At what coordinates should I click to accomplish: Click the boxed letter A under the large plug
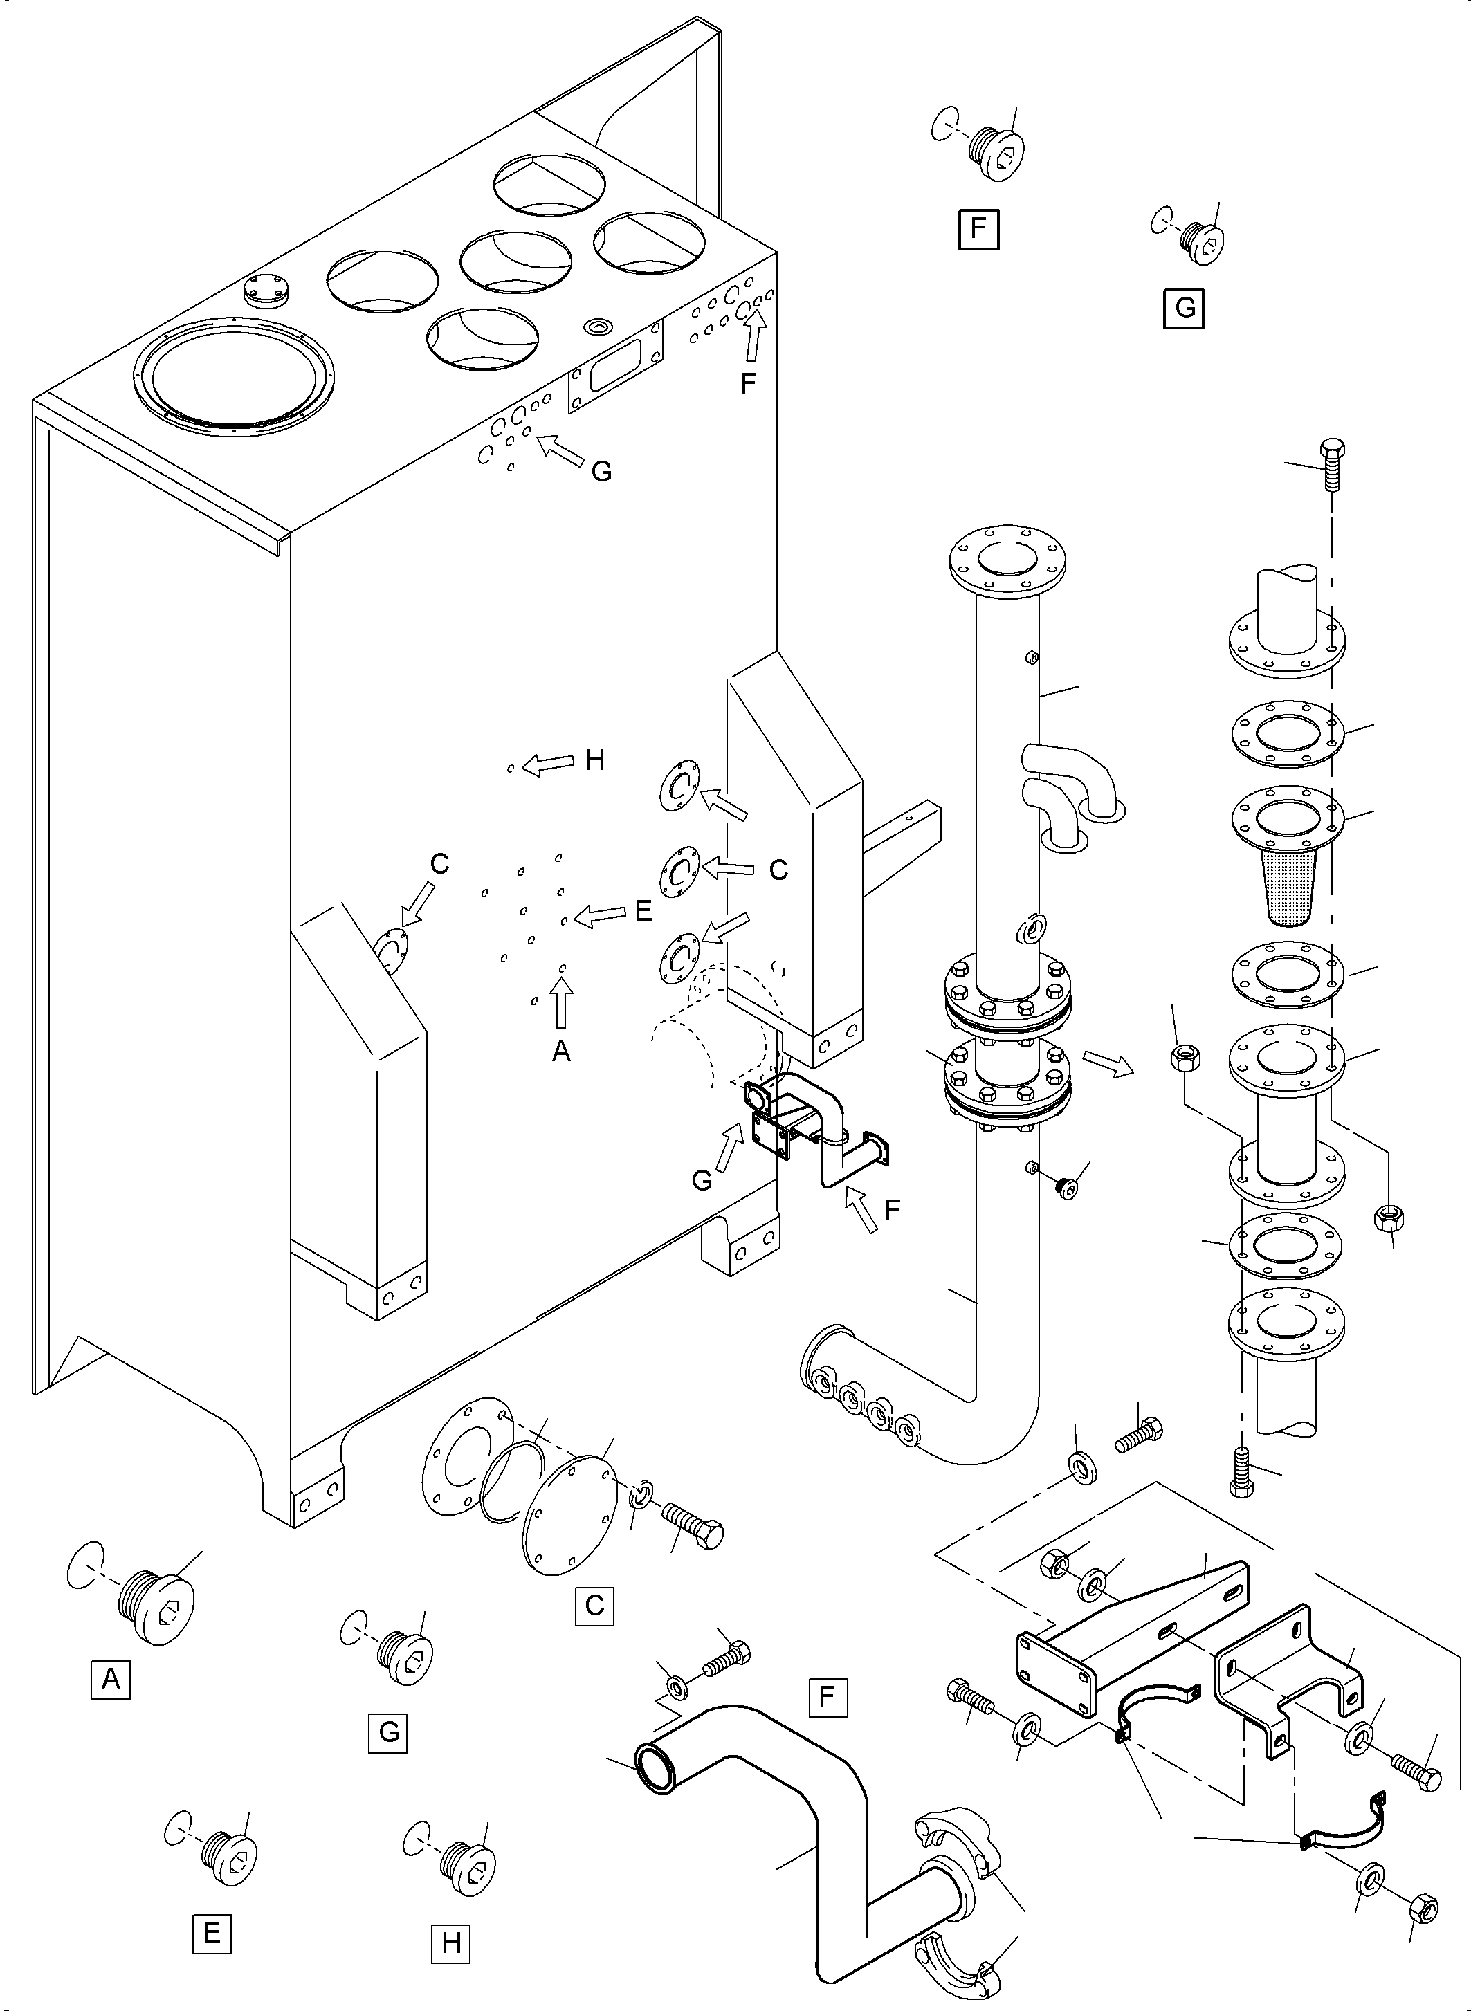(111, 1680)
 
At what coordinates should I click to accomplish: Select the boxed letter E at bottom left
(212, 1933)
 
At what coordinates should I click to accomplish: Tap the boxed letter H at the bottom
(450, 1943)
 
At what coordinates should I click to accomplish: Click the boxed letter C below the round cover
(594, 1606)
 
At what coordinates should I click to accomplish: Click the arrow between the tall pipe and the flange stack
(1108, 1062)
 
